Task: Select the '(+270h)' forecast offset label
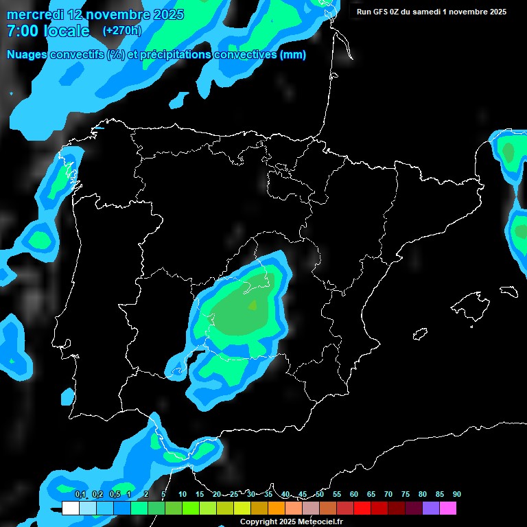point(121,30)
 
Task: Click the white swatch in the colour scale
point(70,508)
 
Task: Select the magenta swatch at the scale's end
point(447,508)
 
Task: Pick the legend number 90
point(456,494)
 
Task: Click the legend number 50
point(320,494)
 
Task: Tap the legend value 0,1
point(80,494)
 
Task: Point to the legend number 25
point(234,494)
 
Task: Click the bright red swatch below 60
point(362,508)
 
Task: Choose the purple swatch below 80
point(430,508)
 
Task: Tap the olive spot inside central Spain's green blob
point(253,305)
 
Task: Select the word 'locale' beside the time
point(67,31)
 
